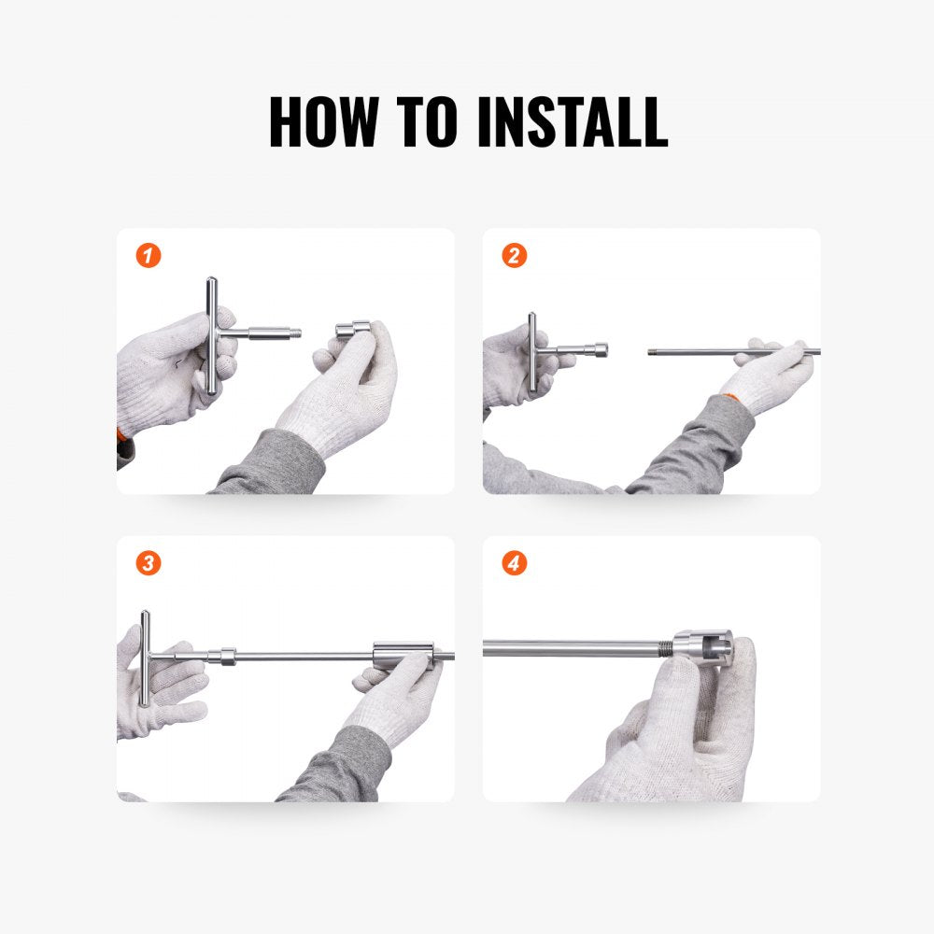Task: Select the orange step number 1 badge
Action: [x=148, y=256]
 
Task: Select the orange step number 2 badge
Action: [x=514, y=256]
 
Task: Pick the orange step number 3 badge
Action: [x=148, y=563]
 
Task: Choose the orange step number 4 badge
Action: [x=514, y=563]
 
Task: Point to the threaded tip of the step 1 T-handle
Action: [x=291, y=332]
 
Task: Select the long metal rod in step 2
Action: [x=710, y=352]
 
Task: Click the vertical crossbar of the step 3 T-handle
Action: [x=145, y=658]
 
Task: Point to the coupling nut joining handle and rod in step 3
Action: [x=223, y=655]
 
